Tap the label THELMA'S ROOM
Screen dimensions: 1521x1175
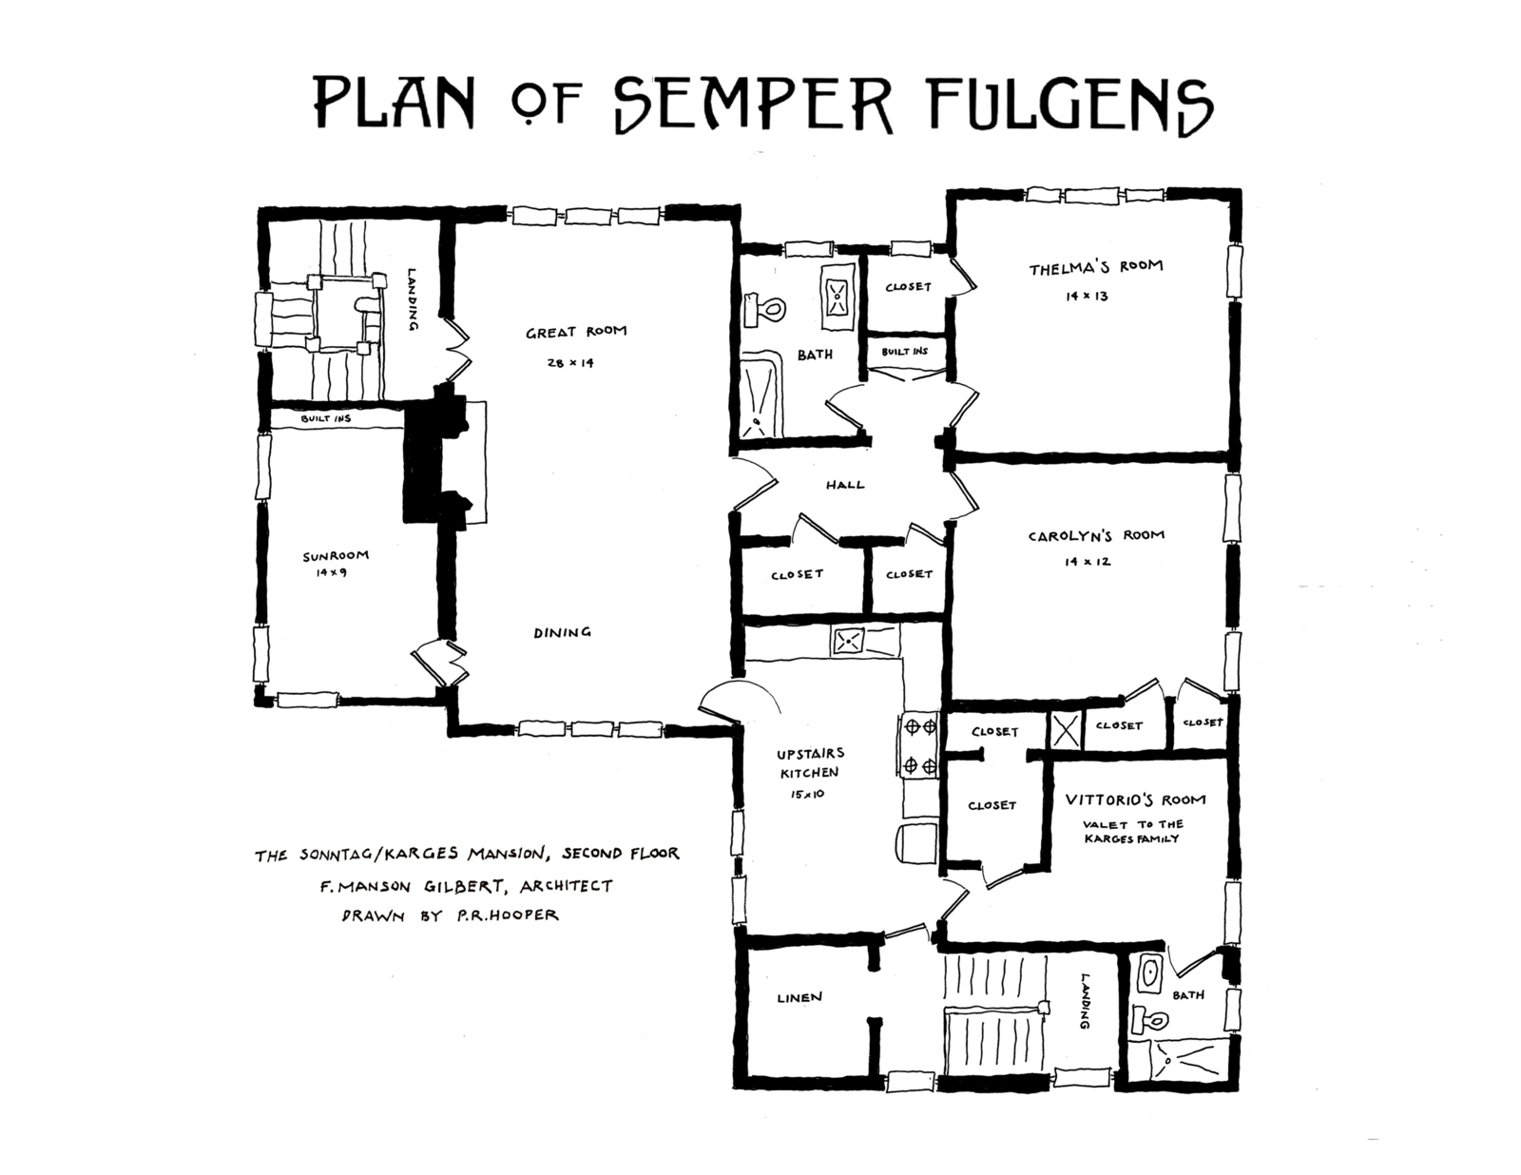pyautogui.click(x=1095, y=267)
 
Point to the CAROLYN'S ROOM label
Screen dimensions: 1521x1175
pyautogui.click(x=1095, y=535)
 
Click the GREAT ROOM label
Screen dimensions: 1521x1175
pyautogui.click(x=576, y=333)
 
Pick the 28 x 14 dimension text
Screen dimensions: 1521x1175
pyautogui.click(x=570, y=362)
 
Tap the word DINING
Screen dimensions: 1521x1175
pyautogui.click(x=562, y=632)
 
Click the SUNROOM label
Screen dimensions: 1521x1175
pyautogui.click(x=335, y=556)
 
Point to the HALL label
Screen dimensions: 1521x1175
pyautogui.click(x=844, y=485)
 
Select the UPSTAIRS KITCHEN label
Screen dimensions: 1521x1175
pyautogui.click(x=810, y=762)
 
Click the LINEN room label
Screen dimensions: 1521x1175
pyautogui.click(x=799, y=997)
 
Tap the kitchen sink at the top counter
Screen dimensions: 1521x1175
pyautogui.click(x=847, y=642)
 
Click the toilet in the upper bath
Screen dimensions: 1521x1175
pyautogui.click(x=769, y=308)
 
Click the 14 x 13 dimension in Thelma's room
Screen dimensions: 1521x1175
pyautogui.click(x=1088, y=297)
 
